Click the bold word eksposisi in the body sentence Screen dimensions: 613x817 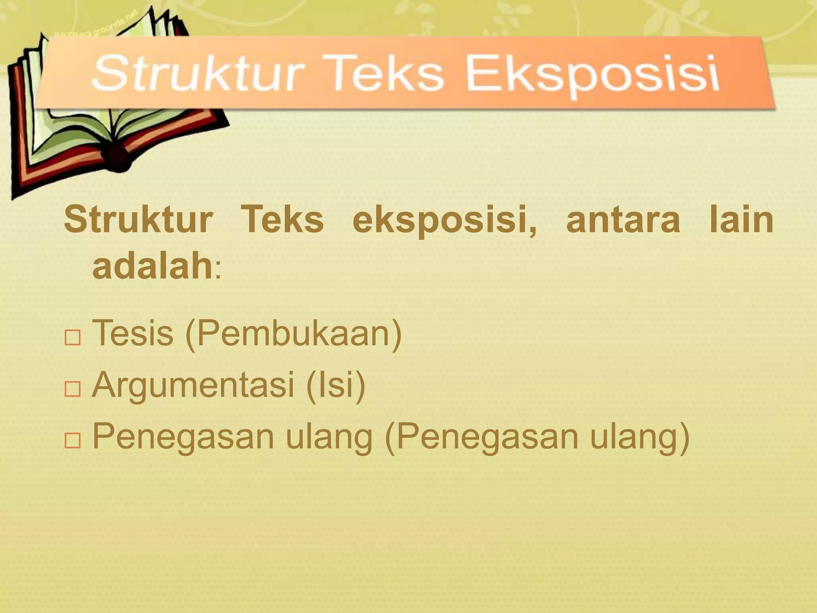[441, 221]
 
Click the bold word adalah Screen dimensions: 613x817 [152, 267]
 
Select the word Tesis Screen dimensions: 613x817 [133, 333]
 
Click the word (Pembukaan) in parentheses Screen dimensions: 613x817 [293, 334]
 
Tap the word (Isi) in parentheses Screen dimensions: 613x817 [335, 385]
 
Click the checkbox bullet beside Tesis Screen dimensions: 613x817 [72, 338]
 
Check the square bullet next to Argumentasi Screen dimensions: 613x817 [72, 389]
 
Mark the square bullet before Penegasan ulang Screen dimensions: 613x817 [72, 440]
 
